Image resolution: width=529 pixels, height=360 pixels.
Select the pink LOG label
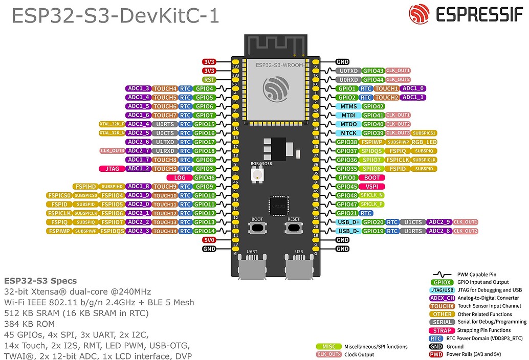(180, 177)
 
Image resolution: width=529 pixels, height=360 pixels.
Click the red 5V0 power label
(209, 240)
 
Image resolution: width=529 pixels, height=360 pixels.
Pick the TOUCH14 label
(165, 231)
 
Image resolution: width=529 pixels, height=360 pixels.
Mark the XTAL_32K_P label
(112, 124)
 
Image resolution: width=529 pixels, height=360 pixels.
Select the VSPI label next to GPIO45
(371, 187)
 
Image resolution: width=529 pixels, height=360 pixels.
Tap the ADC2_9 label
(438, 222)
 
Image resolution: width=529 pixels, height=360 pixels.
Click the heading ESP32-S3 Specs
(40, 281)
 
